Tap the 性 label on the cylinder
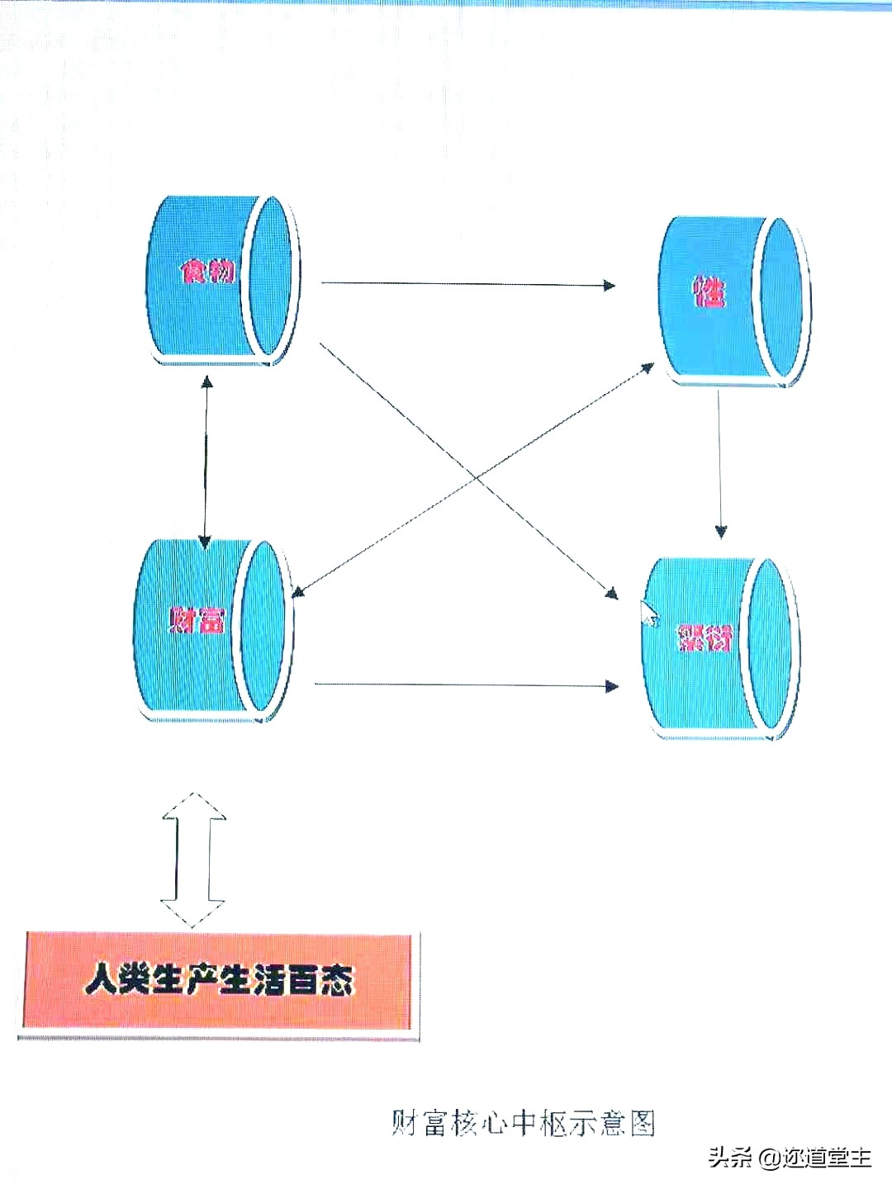pos(709,291)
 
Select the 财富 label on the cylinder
pos(197,620)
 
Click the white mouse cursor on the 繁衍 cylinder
pos(650,613)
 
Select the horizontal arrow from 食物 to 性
pos(467,284)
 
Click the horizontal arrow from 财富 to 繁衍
pos(467,685)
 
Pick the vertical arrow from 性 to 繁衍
pos(719,462)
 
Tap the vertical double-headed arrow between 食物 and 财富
pos(206,462)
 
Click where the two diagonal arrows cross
pos(475,476)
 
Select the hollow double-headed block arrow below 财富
pos(193,859)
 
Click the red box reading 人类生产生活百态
pos(219,981)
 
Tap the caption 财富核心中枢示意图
pos(524,1123)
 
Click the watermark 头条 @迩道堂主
pos(789,1158)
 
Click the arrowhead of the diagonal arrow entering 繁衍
pos(611,592)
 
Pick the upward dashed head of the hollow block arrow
pos(193,806)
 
